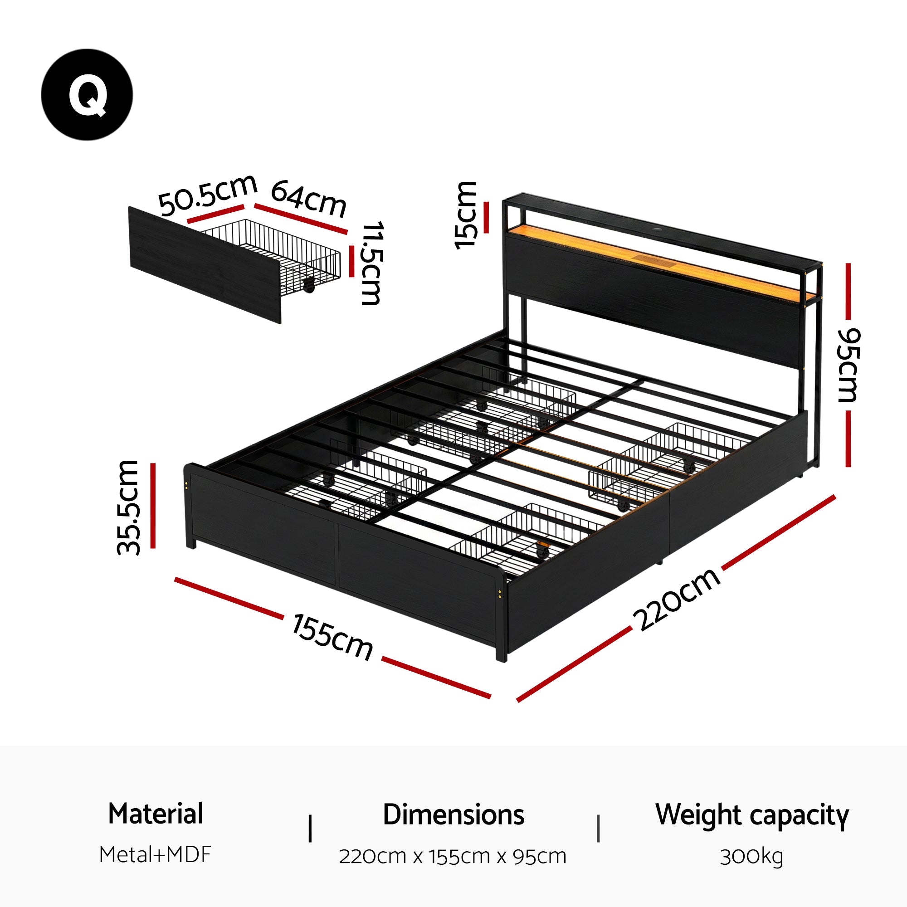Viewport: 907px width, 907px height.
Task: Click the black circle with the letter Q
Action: (87, 94)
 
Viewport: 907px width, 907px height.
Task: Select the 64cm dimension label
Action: (308, 199)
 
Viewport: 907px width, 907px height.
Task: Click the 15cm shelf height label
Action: (466, 215)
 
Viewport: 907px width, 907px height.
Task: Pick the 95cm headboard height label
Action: (848, 365)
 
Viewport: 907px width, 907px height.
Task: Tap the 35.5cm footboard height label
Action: (128, 507)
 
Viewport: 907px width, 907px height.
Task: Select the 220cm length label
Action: (677, 599)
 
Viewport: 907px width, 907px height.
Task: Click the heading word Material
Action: (156, 814)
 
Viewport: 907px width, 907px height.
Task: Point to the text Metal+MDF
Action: (156, 855)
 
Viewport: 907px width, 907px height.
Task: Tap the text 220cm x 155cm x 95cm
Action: (453, 856)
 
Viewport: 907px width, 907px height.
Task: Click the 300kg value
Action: (751, 856)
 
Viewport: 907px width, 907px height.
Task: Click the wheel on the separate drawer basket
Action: (309, 286)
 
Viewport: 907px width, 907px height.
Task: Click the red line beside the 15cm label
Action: (486, 217)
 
